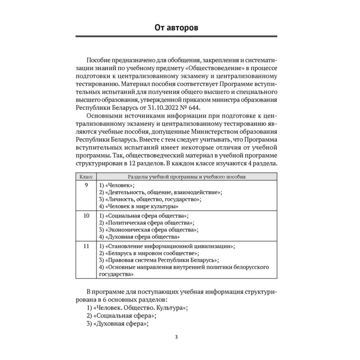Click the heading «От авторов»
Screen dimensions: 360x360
tap(180, 29)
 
